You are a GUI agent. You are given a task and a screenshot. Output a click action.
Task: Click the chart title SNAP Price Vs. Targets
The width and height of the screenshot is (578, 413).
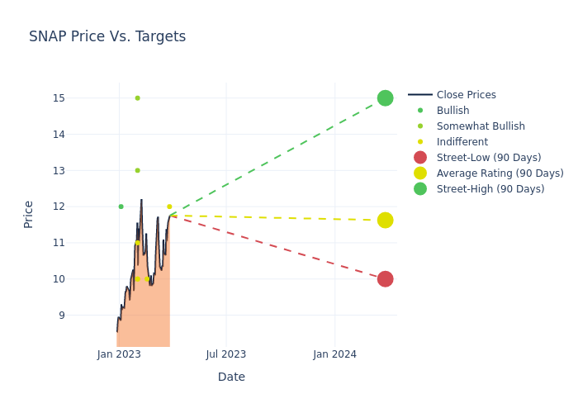click(107, 36)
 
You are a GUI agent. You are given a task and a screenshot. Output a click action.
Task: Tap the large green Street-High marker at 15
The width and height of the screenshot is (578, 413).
click(385, 98)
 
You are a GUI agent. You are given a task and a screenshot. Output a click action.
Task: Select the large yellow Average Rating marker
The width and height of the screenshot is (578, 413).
click(385, 221)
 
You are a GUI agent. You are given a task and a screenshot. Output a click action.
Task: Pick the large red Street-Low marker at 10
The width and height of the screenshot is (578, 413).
click(385, 279)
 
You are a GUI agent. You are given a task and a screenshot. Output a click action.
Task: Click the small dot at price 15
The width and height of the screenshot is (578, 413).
click(137, 98)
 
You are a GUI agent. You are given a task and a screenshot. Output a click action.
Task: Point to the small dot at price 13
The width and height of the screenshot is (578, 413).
click(137, 170)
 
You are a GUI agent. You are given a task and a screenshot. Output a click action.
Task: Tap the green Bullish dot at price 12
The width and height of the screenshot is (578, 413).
click(121, 206)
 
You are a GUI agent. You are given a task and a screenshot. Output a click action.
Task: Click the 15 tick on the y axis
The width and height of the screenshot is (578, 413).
click(58, 98)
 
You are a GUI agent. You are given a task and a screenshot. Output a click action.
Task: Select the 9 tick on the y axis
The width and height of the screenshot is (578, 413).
click(61, 316)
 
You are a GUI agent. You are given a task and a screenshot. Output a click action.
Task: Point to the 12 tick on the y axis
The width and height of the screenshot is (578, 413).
click(58, 206)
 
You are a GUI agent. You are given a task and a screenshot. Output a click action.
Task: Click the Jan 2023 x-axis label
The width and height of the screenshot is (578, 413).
click(119, 354)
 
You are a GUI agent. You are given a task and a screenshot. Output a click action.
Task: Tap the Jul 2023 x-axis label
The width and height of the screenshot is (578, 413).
click(226, 354)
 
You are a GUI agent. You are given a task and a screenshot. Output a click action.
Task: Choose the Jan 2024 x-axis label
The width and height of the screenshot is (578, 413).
click(334, 354)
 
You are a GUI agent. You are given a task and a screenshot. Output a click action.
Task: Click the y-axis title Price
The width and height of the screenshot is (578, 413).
click(29, 214)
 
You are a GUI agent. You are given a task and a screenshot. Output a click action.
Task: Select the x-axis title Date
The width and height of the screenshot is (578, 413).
click(231, 377)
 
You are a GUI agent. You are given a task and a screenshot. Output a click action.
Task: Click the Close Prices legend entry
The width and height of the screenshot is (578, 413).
click(466, 95)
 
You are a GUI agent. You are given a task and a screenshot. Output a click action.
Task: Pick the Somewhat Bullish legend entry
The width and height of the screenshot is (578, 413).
click(481, 126)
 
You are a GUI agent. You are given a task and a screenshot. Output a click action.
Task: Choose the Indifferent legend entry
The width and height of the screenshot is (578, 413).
click(462, 142)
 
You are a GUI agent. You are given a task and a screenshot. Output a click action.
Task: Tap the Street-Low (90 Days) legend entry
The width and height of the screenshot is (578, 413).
click(488, 158)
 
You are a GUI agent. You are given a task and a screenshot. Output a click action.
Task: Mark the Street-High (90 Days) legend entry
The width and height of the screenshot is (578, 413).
click(490, 189)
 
